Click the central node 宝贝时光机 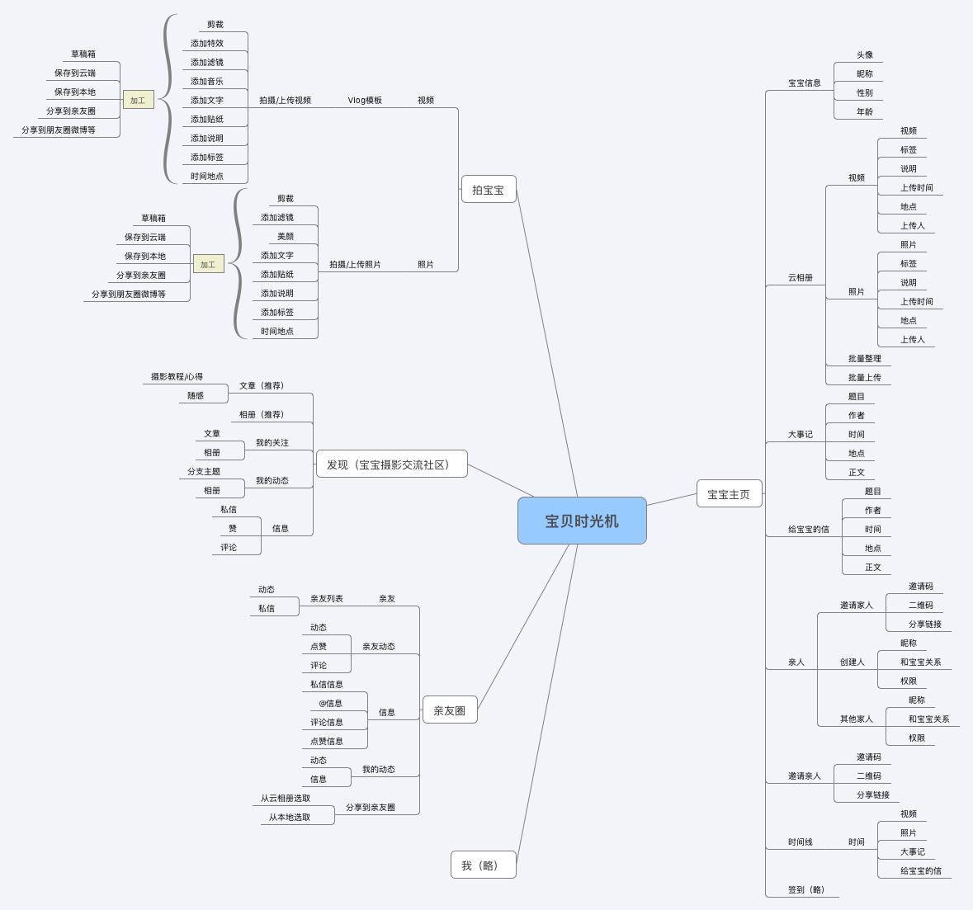point(582,521)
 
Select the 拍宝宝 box point(488,190)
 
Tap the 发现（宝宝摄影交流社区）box point(391,464)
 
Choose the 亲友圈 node point(450,710)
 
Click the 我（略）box point(483,865)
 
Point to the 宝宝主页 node point(729,494)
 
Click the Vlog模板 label point(365,101)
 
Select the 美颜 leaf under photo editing point(286,237)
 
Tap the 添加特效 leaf point(207,44)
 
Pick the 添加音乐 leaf point(207,82)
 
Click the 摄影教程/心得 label point(177,377)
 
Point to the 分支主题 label point(204,472)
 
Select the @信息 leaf point(330,704)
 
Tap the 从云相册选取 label point(286,799)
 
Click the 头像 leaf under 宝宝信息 point(864,55)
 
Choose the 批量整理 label point(864,359)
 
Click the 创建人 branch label point(852,662)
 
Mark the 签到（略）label point(806,890)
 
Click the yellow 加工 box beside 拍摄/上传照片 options point(208,265)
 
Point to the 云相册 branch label point(800,278)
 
